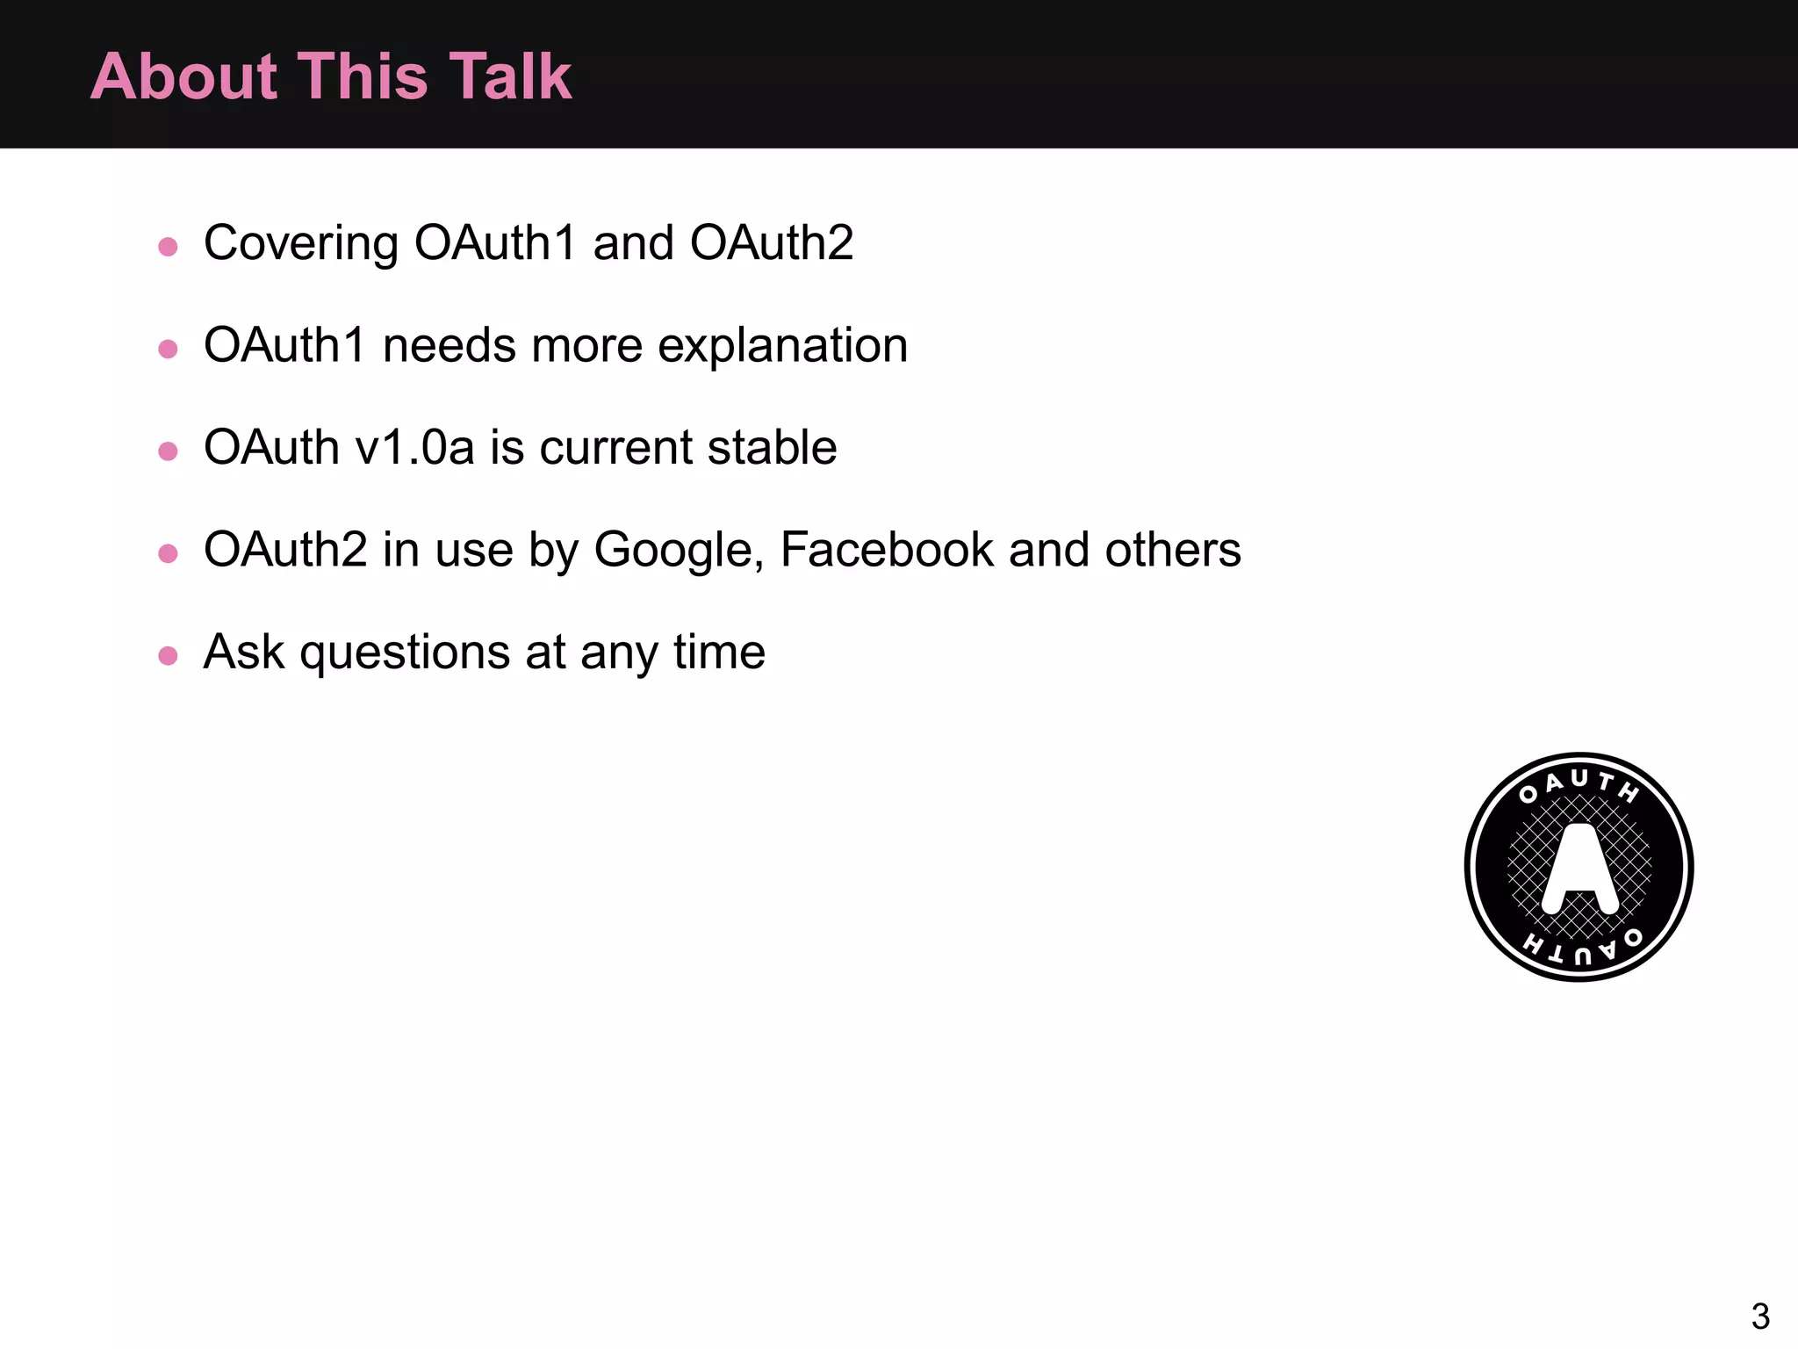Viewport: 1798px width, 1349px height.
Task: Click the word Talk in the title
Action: click(x=510, y=76)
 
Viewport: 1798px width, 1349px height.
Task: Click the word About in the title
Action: click(x=183, y=76)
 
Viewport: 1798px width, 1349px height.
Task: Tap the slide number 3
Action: click(x=1759, y=1316)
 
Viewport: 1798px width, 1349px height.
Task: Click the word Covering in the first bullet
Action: click(x=301, y=243)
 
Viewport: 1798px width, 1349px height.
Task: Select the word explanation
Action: click(x=782, y=346)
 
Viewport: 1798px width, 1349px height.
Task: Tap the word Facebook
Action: click(x=887, y=550)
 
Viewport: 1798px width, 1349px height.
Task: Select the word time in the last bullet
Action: click(x=719, y=652)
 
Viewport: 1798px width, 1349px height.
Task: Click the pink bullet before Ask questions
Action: click(x=168, y=655)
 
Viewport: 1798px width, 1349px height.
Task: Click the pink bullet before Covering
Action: click(x=168, y=246)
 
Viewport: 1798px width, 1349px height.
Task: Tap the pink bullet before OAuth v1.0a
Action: click(x=168, y=451)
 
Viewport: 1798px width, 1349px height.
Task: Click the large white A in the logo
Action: click(x=1579, y=865)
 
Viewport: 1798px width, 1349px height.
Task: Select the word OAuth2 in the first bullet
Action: click(x=771, y=243)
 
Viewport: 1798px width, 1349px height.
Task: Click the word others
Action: click(x=1172, y=550)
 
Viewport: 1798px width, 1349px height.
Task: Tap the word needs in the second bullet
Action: click(x=449, y=345)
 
